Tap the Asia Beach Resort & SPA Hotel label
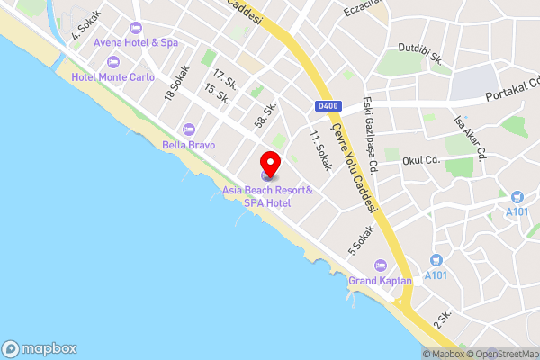[x=268, y=197]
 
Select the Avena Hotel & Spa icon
[x=135, y=28]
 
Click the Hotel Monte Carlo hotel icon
[x=112, y=61]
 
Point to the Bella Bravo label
[x=187, y=144]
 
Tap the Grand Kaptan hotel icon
[x=380, y=265]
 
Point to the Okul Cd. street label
[x=420, y=160]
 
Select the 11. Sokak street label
[x=320, y=151]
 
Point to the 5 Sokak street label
[x=361, y=238]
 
